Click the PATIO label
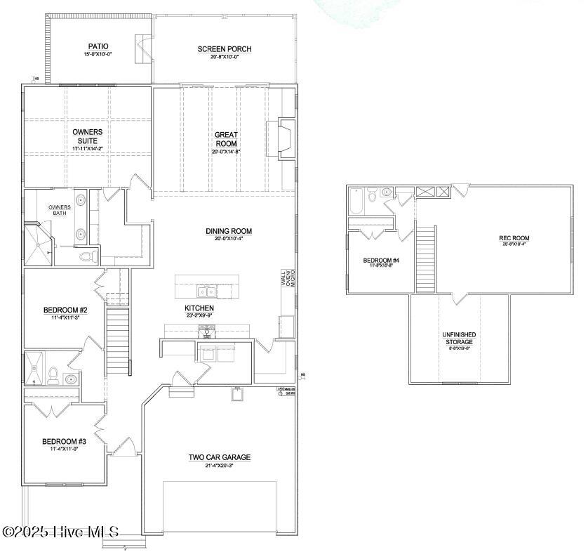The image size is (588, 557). tap(98, 46)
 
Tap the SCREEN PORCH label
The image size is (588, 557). tap(224, 49)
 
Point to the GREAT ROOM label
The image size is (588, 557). tap(226, 138)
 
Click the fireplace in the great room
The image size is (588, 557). tap(284, 138)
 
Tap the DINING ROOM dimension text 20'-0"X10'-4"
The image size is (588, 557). tap(229, 240)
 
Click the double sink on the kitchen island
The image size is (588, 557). tap(206, 291)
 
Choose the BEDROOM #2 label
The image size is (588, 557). tap(65, 310)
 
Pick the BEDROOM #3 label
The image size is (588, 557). tap(64, 441)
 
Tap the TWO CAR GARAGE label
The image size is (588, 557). tap(219, 457)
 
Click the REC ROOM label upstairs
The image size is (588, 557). tap(514, 238)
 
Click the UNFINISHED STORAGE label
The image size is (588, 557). tap(459, 338)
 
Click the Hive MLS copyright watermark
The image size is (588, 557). tap(60, 532)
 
